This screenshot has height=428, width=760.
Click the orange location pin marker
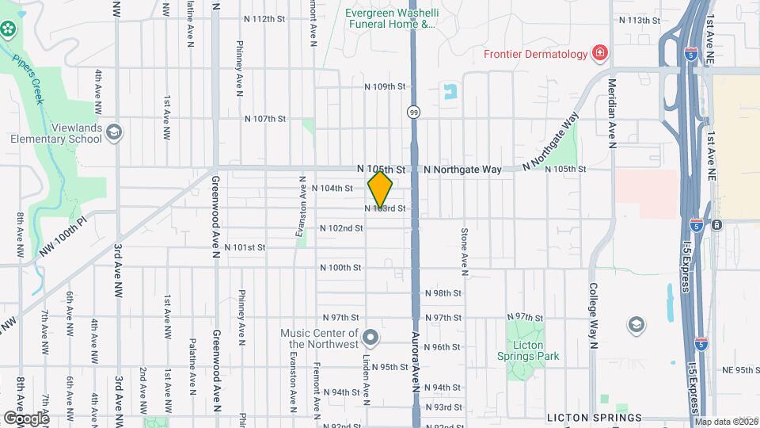point(381,191)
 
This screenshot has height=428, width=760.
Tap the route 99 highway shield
point(414,113)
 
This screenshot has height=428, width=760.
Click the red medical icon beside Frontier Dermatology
point(600,54)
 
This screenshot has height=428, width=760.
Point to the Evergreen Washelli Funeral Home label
point(391,18)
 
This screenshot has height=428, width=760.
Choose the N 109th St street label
point(385,86)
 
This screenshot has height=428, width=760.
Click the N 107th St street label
point(264,119)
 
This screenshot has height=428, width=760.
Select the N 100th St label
point(340,268)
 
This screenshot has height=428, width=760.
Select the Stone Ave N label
point(465,247)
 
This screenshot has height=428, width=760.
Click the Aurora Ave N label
point(414,373)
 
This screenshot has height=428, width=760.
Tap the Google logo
point(26,418)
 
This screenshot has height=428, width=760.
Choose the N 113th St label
point(639,20)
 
